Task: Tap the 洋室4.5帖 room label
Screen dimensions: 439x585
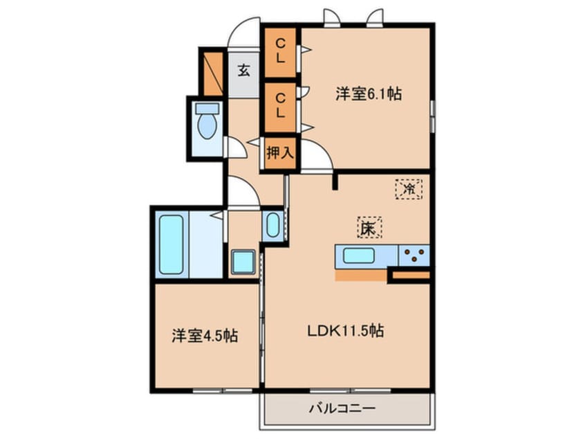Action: (x=205, y=337)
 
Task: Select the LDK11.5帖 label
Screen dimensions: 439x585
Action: (x=346, y=332)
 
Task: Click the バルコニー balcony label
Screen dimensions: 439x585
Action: (x=346, y=409)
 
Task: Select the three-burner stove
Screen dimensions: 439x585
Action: (x=414, y=255)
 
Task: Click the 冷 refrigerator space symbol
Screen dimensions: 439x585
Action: (x=409, y=188)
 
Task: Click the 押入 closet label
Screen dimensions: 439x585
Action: (x=279, y=153)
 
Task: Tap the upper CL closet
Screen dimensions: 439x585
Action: (x=279, y=51)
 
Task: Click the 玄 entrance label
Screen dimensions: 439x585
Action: (x=244, y=70)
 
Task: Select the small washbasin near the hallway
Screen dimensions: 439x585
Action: (x=272, y=225)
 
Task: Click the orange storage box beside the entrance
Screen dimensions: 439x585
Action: (x=212, y=72)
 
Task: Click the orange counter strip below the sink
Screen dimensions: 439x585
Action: (x=360, y=276)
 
